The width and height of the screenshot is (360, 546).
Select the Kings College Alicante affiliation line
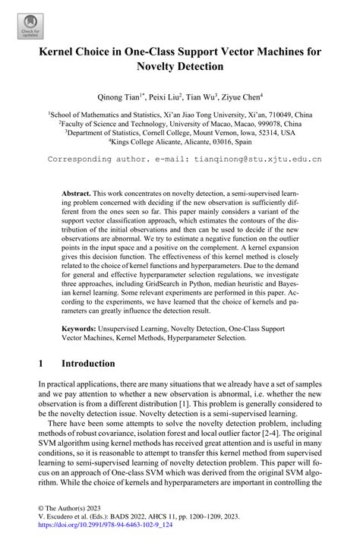[x=180, y=140]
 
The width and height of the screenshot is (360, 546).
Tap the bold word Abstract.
[x=77, y=194]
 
